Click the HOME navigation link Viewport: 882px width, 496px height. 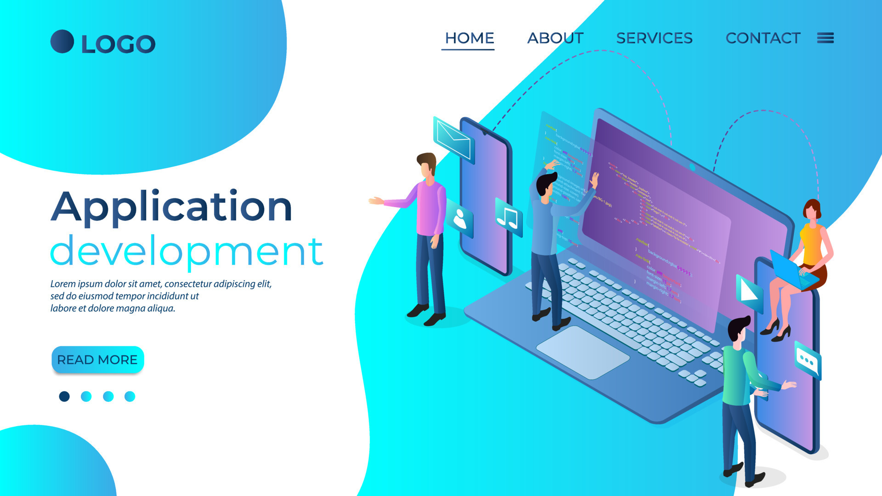tap(469, 38)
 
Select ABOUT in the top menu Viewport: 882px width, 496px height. tap(555, 38)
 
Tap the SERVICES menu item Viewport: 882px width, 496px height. tap(654, 38)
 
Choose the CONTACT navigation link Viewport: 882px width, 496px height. tap(763, 38)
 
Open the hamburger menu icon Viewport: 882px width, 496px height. tap(825, 38)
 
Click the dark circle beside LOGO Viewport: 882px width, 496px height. tap(62, 42)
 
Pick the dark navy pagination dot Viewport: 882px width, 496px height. tap(64, 396)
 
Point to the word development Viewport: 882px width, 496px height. tap(187, 251)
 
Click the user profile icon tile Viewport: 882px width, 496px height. tap(460, 219)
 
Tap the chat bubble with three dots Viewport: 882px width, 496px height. tap(807, 361)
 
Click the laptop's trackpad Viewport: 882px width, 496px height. tap(582, 352)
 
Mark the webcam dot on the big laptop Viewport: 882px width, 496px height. tap(692, 167)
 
